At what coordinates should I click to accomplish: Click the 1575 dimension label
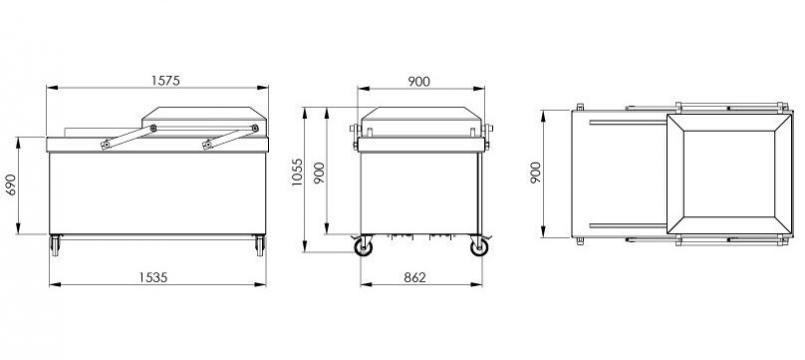(x=165, y=81)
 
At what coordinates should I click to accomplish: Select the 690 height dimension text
(x=10, y=185)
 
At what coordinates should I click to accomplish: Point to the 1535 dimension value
(x=153, y=277)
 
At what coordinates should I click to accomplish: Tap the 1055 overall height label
(x=297, y=172)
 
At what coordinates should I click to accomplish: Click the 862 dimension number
(x=415, y=277)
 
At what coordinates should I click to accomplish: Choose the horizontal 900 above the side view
(x=419, y=82)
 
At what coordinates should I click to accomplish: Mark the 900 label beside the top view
(x=535, y=173)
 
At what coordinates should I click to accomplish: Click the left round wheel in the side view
(x=363, y=248)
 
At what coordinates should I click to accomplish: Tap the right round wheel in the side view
(x=480, y=248)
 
